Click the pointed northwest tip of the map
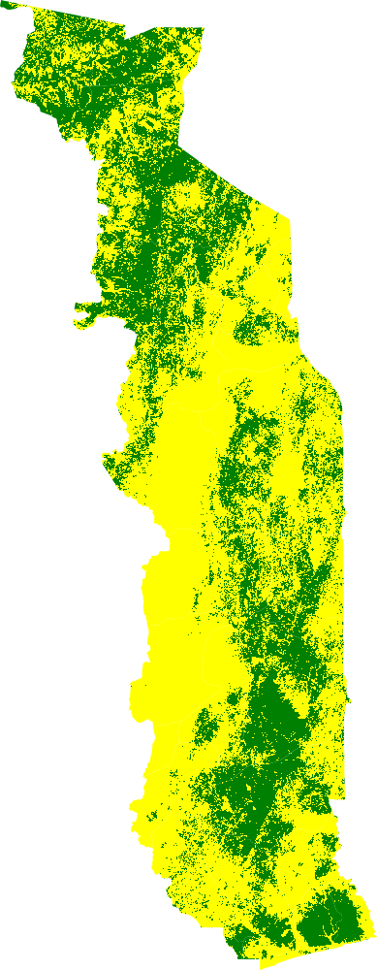pos(8,5)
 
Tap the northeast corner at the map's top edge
pos(204,27)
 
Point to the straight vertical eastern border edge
pos(343,582)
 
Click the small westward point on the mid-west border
pos(105,452)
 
